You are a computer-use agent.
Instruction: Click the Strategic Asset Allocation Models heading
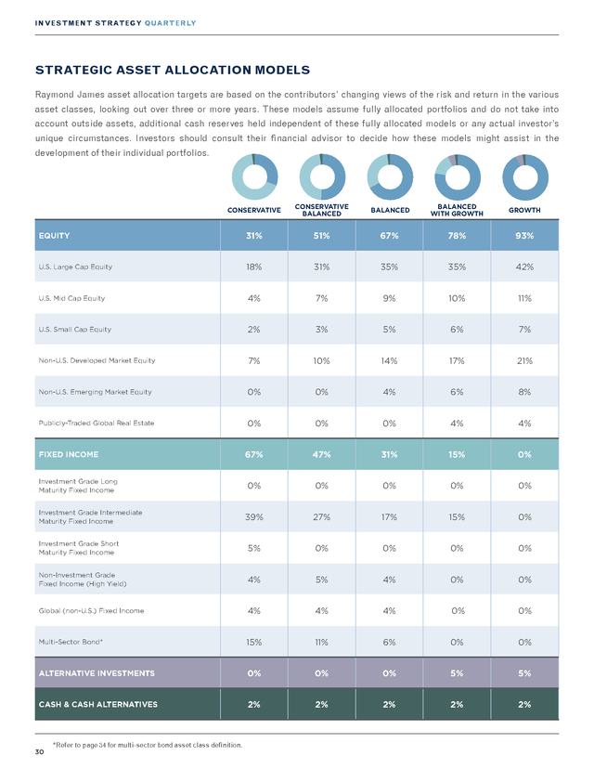click(x=173, y=71)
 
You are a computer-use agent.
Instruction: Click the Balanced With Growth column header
click(x=457, y=210)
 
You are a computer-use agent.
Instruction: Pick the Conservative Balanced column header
click(x=321, y=210)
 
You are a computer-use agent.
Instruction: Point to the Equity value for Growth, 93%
click(x=524, y=236)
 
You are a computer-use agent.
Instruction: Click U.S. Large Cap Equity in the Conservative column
click(x=254, y=267)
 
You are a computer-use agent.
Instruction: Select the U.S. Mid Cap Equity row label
click(x=71, y=298)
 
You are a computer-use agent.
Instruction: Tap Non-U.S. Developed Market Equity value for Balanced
click(x=389, y=361)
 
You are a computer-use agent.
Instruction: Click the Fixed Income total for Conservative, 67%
click(x=254, y=455)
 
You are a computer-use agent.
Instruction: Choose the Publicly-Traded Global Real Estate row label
click(x=96, y=424)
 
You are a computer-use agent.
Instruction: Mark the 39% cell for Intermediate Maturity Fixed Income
click(x=254, y=517)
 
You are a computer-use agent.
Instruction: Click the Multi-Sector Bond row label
click(x=71, y=642)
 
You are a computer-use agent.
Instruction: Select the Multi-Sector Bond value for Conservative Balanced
click(x=321, y=642)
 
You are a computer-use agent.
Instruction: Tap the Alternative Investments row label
click(x=97, y=673)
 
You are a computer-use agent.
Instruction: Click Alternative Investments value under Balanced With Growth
click(x=457, y=673)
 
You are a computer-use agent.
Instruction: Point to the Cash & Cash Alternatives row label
click(x=98, y=704)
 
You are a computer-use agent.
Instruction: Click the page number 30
click(x=39, y=752)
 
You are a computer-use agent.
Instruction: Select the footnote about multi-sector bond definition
click(x=147, y=745)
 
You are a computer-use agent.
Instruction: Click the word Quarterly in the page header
click(x=170, y=23)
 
